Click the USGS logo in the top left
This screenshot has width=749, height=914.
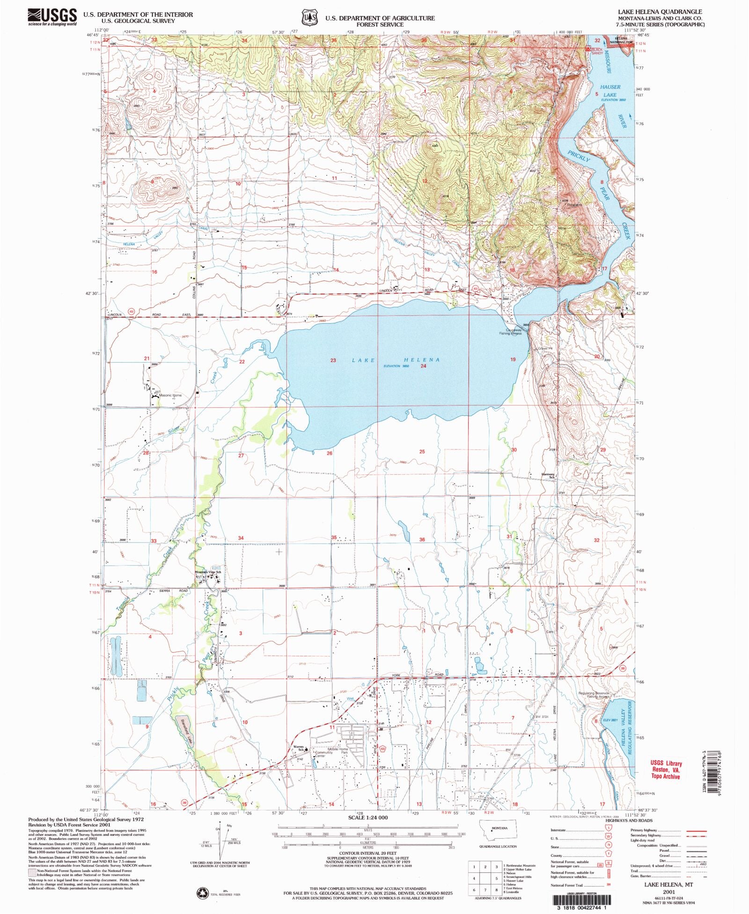click(52, 17)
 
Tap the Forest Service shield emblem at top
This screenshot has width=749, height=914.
click(308, 18)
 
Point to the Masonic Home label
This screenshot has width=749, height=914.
click(170, 395)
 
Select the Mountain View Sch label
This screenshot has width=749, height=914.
click(208, 572)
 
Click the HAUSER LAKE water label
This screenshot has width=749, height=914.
click(610, 91)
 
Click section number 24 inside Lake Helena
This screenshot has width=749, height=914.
click(423, 366)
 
